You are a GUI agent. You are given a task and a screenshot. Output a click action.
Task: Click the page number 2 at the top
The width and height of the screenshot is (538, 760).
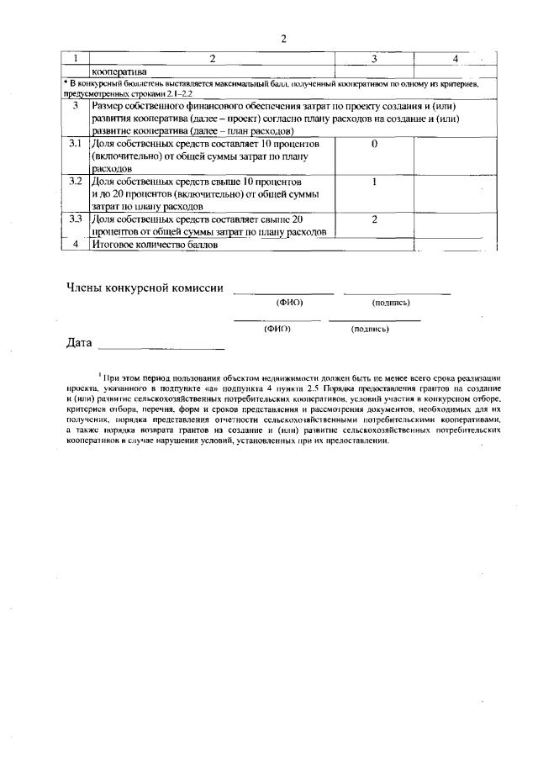click(x=284, y=39)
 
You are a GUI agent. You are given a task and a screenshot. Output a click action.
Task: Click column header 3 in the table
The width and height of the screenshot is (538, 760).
click(x=373, y=59)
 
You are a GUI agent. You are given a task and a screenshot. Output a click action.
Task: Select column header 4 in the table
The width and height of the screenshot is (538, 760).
click(x=454, y=59)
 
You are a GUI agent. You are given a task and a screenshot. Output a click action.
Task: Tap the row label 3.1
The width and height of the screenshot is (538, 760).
click(x=74, y=144)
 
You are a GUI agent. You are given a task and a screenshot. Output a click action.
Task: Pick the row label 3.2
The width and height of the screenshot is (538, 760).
click(x=74, y=182)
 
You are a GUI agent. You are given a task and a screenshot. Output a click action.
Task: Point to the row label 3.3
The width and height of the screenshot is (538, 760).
click(x=74, y=219)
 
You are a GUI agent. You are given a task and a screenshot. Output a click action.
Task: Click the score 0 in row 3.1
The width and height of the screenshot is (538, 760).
click(x=373, y=144)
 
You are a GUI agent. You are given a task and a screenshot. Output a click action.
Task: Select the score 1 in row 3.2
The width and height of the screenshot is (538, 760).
click(x=373, y=182)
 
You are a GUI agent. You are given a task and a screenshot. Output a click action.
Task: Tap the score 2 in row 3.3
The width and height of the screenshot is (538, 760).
click(x=373, y=219)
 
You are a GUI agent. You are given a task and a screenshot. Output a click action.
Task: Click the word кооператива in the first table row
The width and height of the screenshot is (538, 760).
click(x=119, y=71)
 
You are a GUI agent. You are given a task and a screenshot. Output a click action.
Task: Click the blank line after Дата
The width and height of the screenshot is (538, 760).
click(x=161, y=346)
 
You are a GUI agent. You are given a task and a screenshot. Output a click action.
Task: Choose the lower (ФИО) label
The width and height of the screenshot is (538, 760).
click(x=277, y=330)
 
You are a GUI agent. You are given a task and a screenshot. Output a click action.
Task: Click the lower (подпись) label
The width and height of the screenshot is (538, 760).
click(x=370, y=330)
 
